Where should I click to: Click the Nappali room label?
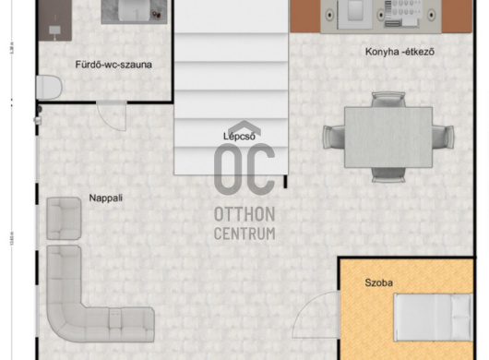(x=106, y=198)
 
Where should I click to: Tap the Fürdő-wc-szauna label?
(x=113, y=65)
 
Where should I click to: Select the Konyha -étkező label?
(x=400, y=52)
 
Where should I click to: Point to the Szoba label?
(x=378, y=283)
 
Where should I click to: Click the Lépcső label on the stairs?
(x=239, y=137)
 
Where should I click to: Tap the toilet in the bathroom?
(x=49, y=88)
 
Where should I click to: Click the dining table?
(x=388, y=138)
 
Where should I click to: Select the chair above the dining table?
(x=388, y=100)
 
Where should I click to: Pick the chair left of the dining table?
(x=334, y=137)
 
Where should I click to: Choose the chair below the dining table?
(x=388, y=174)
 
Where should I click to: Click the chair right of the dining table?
(x=443, y=137)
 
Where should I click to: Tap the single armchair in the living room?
(x=64, y=219)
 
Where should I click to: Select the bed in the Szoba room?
(x=434, y=317)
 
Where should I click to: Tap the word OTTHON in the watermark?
(x=244, y=214)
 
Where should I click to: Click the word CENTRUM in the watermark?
(x=244, y=234)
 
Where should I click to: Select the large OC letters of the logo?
(x=244, y=169)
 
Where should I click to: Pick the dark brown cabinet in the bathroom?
(x=54, y=20)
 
